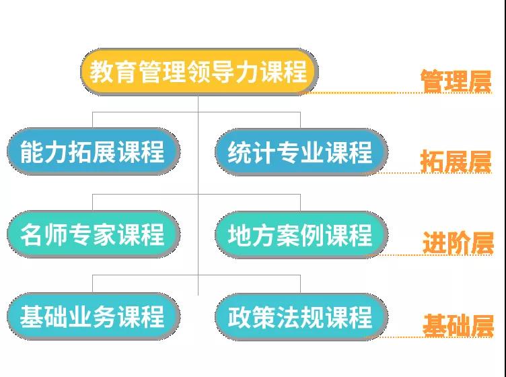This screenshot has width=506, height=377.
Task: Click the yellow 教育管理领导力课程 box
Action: (x=199, y=71)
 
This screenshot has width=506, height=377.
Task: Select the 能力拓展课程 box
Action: (x=93, y=151)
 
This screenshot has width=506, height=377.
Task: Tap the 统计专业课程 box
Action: (x=301, y=152)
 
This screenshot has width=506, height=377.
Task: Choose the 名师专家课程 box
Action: (x=93, y=234)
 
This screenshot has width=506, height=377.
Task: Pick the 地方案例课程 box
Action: (x=301, y=235)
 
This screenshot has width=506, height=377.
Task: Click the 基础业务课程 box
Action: (x=93, y=316)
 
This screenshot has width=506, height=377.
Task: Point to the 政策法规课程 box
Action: (x=301, y=317)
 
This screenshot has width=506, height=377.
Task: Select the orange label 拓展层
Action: (x=456, y=161)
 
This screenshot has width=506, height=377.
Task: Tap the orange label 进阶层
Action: (x=458, y=242)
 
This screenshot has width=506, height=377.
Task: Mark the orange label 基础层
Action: (x=458, y=325)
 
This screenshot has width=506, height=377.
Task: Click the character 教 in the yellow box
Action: (x=101, y=71)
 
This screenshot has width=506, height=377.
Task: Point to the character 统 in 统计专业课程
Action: (x=239, y=152)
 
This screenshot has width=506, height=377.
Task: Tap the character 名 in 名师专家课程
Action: (x=32, y=234)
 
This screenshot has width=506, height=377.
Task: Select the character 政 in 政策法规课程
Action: (x=239, y=317)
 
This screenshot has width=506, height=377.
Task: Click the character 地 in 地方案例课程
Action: (x=239, y=235)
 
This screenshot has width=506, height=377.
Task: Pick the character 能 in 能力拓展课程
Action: (x=32, y=151)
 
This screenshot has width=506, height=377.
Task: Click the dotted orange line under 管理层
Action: (x=396, y=93)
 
